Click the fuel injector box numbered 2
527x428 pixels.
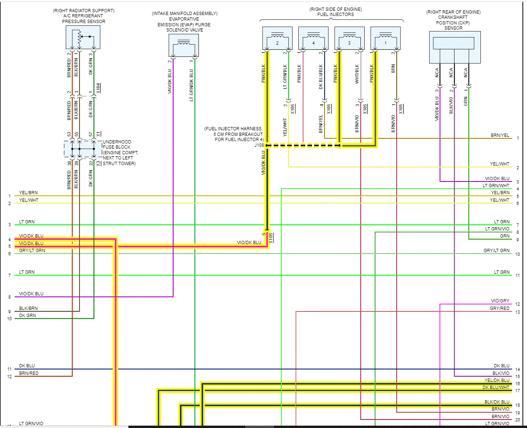pyautogui.click(x=277, y=39)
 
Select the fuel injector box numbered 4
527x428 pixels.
pyautogui.click(x=313, y=39)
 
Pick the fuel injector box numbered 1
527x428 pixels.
pyautogui.click(x=386, y=39)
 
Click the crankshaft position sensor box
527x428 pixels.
pyautogui.click(x=455, y=47)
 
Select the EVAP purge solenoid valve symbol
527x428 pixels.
pyautogui.click(x=184, y=46)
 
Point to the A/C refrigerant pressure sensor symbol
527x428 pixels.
pyautogui.click(x=84, y=38)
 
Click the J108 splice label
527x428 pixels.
pyautogui.click(x=259, y=145)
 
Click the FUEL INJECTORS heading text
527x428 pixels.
pyautogui.click(x=332, y=15)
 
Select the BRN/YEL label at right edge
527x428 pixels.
pyautogui.click(x=500, y=135)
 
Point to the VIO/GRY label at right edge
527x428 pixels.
pyautogui.click(x=500, y=301)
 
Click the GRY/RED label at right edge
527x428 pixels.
pyautogui.click(x=499, y=309)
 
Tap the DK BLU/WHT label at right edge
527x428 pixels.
pyautogui.click(x=496, y=388)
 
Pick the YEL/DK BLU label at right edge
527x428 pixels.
pyautogui.click(x=497, y=380)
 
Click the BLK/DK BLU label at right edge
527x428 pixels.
pyautogui.click(x=497, y=402)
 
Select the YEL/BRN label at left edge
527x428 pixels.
pyautogui.click(x=28, y=193)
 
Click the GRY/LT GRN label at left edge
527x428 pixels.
pyautogui.click(x=32, y=251)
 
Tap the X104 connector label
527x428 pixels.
pyautogui.click(x=99, y=88)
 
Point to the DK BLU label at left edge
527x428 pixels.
pyautogui.click(x=27, y=366)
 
